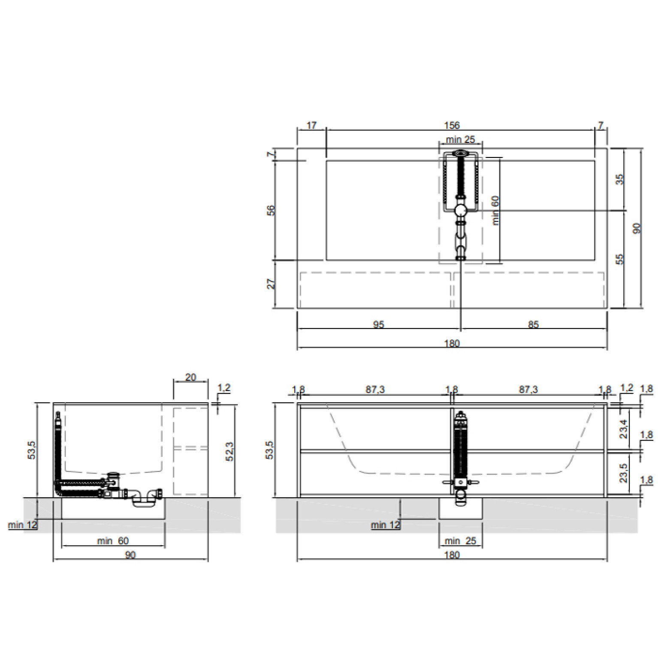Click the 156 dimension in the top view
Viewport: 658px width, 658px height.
(x=452, y=125)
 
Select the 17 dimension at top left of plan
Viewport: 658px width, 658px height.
(x=311, y=125)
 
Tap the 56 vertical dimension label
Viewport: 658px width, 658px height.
(x=271, y=211)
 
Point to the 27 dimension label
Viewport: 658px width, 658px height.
(x=272, y=284)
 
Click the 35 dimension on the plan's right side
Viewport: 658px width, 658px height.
(x=620, y=179)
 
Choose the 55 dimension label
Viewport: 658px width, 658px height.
(x=620, y=259)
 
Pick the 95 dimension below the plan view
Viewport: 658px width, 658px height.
(x=378, y=325)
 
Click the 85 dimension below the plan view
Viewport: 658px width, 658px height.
(x=533, y=325)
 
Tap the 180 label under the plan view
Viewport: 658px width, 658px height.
(x=452, y=344)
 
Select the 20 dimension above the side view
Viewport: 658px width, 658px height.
(x=190, y=377)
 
